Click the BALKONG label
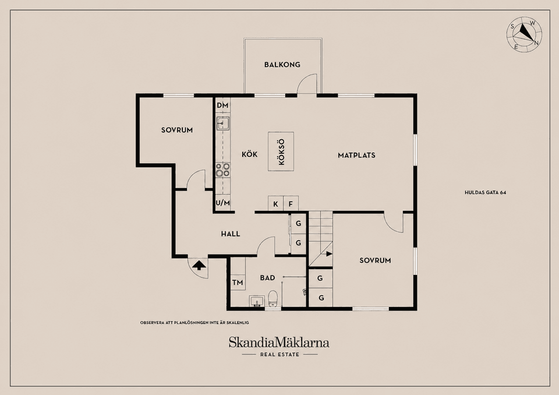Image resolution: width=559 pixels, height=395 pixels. tap(282, 65)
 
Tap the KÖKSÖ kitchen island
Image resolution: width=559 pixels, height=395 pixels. tap(281, 151)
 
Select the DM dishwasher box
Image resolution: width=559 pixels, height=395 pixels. tap(222, 105)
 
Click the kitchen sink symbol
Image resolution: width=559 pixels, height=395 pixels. tap(223, 123)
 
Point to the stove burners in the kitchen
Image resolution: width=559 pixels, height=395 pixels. tap(223, 170)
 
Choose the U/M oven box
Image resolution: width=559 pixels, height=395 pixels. tap(222, 203)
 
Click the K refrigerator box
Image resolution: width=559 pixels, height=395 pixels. tap(275, 204)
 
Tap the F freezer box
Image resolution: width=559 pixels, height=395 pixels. tap(291, 204)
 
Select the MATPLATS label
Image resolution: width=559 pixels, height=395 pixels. tap(356, 155)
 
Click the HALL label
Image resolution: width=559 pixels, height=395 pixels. tap(231, 234)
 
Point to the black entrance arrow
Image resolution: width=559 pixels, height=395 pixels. tap(199, 264)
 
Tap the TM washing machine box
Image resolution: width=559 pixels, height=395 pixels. tap(238, 283)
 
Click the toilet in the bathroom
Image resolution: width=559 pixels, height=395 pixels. tap(273, 298)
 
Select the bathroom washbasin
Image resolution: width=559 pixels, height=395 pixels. tap(256, 301)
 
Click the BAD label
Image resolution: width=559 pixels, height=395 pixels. tap(267, 277)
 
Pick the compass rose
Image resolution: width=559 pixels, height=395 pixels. tap(524, 34)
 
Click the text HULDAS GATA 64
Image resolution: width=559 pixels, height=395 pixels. tap(485, 192)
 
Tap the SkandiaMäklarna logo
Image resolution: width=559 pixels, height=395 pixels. tap(279, 343)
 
